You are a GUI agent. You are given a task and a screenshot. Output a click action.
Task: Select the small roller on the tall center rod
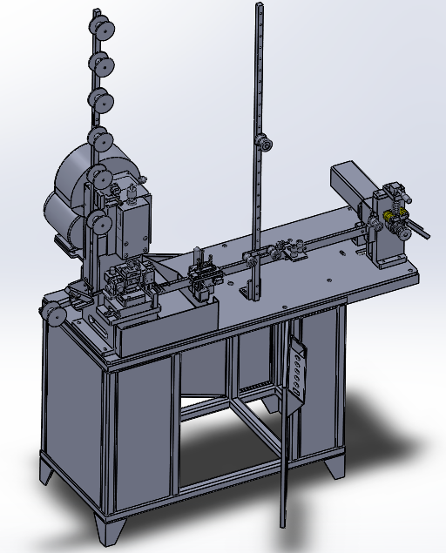[260, 144]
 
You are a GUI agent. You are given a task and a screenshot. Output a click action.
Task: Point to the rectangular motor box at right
[351, 187]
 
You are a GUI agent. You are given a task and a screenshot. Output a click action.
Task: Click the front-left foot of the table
[109, 529]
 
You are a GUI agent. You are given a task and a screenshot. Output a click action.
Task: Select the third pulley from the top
[102, 98]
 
